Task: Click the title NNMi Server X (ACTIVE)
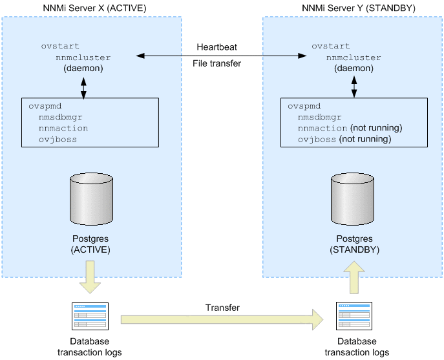[x=92, y=8]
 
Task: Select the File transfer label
[x=217, y=63]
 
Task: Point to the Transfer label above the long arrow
[x=222, y=308]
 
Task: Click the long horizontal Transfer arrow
[x=222, y=318]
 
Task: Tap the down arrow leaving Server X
[x=91, y=274]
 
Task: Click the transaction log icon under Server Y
[x=354, y=317]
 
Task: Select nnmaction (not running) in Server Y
[x=350, y=128]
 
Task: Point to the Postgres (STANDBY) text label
[x=354, y=244]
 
